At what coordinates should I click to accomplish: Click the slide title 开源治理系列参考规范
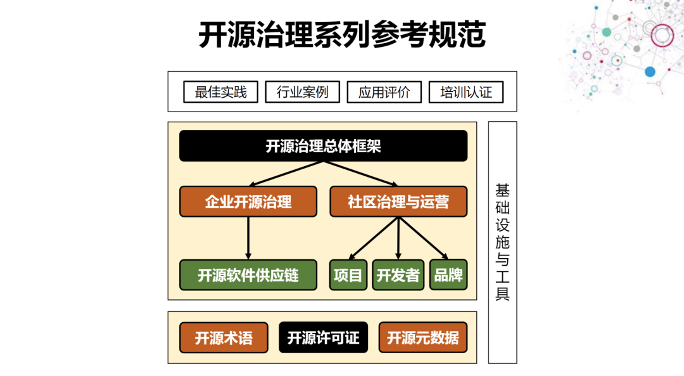[342, 35]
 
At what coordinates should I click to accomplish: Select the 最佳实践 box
[220, 92]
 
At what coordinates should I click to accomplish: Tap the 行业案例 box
[302, 92]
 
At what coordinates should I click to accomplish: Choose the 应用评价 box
[384, 92]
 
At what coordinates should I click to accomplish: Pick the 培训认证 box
[465, 92]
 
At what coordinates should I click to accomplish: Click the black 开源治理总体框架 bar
[323, 146]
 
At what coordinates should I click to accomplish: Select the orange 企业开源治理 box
[248, 202]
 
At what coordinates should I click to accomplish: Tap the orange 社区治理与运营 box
[398, 202]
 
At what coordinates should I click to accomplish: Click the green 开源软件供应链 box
[248, 275]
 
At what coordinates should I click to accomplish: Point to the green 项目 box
[348, 275]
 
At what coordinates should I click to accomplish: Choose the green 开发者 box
[398, 275]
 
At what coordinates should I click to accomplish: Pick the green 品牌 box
[448, 275]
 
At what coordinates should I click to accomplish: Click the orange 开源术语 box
[223, 338]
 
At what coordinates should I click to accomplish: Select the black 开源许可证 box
[323, 338]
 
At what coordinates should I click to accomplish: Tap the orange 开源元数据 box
[423, 338]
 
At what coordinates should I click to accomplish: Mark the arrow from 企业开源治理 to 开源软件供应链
[248, 238]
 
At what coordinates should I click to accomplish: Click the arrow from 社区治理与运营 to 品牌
[424, 238]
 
